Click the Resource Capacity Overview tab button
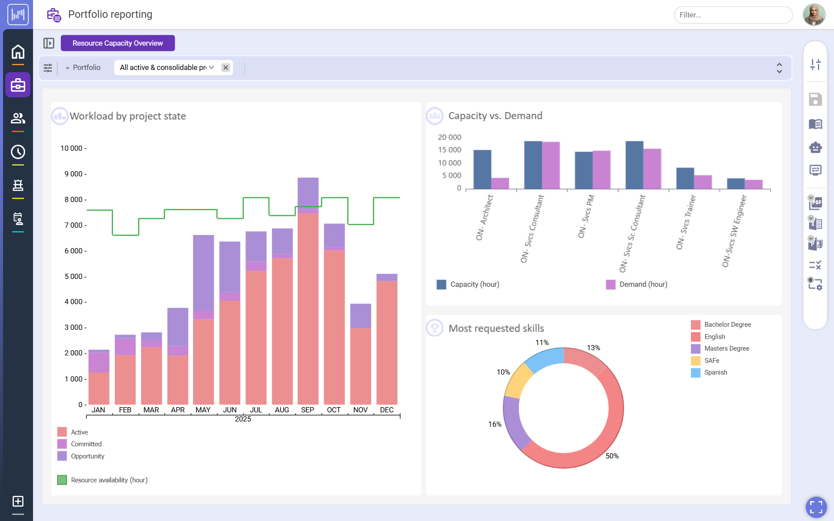pyautogui.click(x=118, y=43)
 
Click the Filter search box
pyautogui.click(x=733, y=15)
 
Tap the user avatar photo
pyautogui.click(x=814, y=15)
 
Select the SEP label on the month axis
pyautogui.click(x=307, y=410)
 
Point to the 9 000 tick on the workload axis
pyautogui.click(x=73, y=174)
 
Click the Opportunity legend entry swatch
pyautogui.click(x=62, y=456)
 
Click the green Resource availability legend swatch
pyautogui.click(x=62, y=480)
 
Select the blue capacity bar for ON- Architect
pyautogui.click(x=482, y=169)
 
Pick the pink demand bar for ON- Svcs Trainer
pyautogui.click(x=702, y=182)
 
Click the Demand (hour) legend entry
pyautogui.click(x=643, y=284)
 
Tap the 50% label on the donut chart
pyautogui.click(x=612, y=456)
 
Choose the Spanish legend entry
pyautogui.click(x=715, y=372)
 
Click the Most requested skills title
pyautogui.click(x=496, y=328)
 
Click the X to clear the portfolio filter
pyautogui.click(x=226, y=67)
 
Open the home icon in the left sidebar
pyautogui.click(x=18, y=52)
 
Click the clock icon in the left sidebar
pyautogui.click(x=18, y=152)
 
